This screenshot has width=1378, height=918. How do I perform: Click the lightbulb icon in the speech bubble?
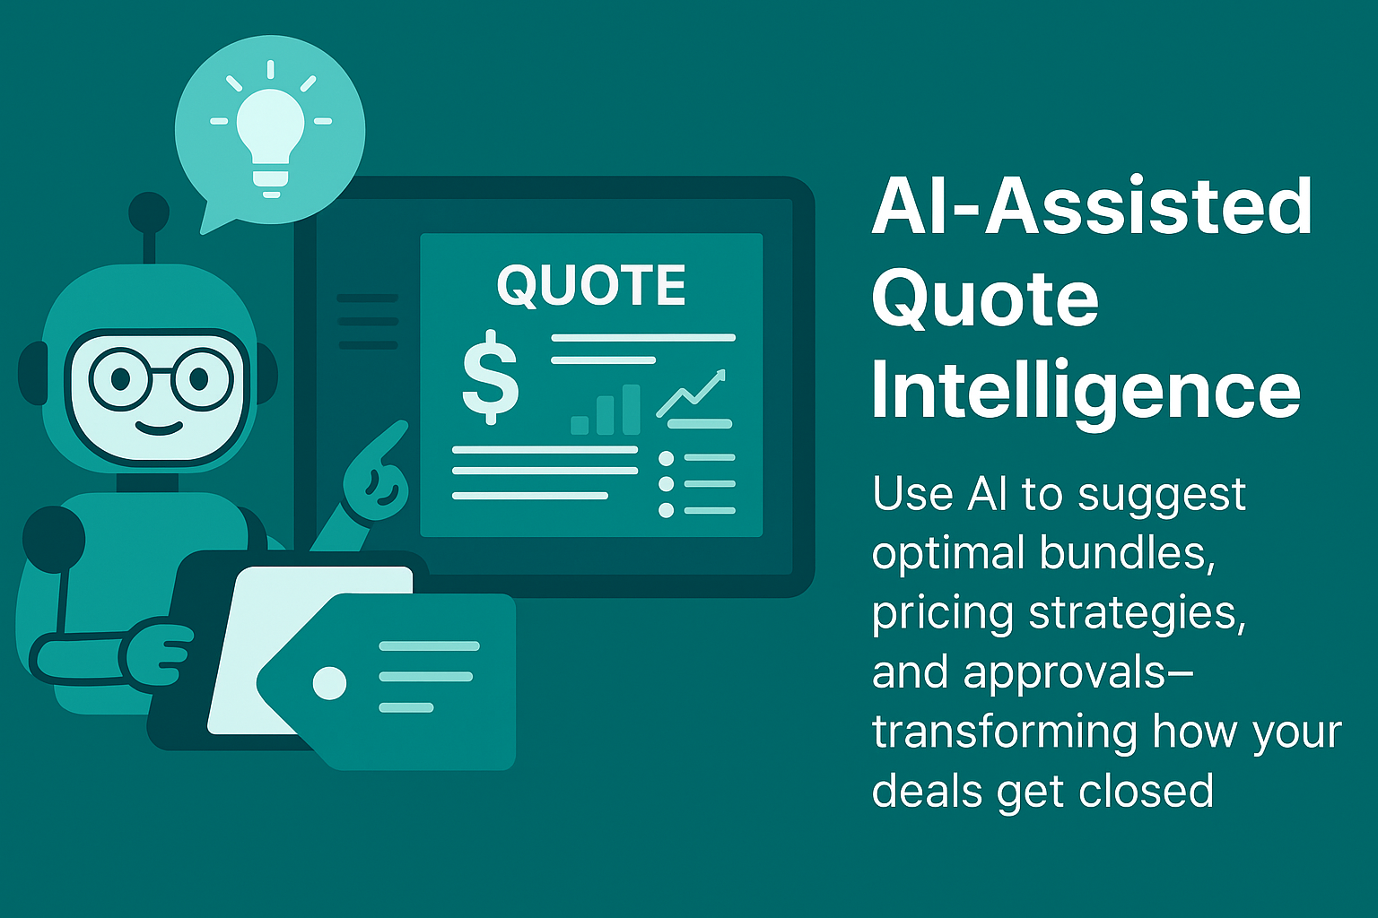pyautogui.click(x=270, y=134)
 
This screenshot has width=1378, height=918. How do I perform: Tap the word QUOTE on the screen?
pyautogui.click(x=591, y=286)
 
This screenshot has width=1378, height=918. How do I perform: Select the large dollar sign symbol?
pyautogui.click(x=490, y=377)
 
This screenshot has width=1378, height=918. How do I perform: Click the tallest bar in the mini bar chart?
pyautogui.click(x=632, y=409)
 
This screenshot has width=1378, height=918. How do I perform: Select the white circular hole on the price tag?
pyautogui.click(x=329, y=683)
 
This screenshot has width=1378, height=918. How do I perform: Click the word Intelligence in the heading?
pyautogui.click(x=1086, y=391)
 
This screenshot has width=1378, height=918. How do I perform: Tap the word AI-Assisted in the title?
pyautogui.click(x=1092, y=206)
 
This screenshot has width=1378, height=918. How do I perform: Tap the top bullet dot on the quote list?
pyautogui.click(x=666, y=459)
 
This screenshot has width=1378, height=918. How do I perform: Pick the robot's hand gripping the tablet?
pyautogui.click(x=161, y=650)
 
